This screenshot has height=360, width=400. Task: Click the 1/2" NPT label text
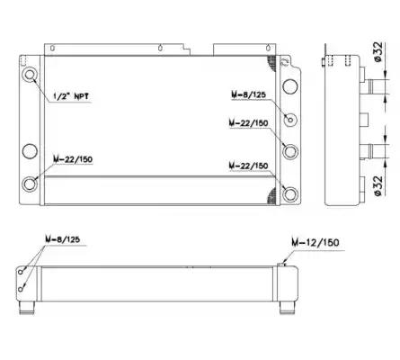pyautogui.click(x=71, y=96)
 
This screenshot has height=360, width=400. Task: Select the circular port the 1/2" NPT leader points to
pyautogui.click(x=30, y=74)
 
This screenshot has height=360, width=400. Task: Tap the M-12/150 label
pyautogui.click(x=316, y=242)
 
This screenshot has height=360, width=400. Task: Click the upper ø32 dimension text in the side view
pyautogui.click(x=378, y=52)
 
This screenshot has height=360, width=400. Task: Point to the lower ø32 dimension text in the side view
pyautogui.click(x=378, y=186)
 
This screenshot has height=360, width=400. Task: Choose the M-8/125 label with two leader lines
pyautogui.click(x=63, y=239)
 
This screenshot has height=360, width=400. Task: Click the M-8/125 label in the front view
pyautogui.click(x=248, y=94)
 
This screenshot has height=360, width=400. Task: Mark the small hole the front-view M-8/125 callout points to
pyautogui.click(x=290, y=120)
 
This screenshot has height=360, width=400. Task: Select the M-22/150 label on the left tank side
pyautogui.click(x=73, y=159)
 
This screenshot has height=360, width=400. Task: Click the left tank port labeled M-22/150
pyautogui.click(x=30, y=184)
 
